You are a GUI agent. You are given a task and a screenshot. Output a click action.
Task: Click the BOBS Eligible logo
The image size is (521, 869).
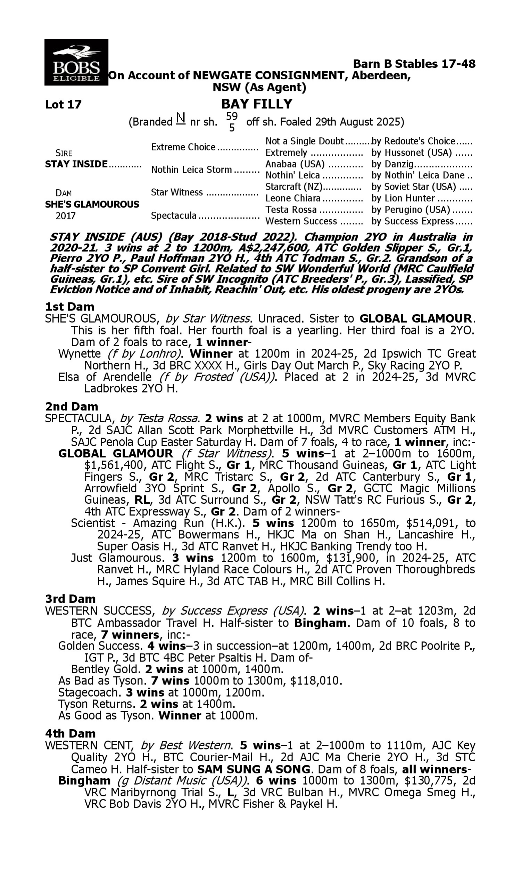point(76,63)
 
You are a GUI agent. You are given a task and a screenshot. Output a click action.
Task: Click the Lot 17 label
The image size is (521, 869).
point(63,105)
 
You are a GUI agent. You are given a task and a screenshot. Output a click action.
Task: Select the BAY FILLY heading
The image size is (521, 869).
point(257,104)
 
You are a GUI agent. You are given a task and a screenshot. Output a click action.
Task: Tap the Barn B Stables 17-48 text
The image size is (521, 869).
point(414,64)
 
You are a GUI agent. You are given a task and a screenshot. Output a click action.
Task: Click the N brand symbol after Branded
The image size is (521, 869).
point(181,119)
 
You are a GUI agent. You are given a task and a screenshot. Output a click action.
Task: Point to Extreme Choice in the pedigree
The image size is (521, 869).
point(183,147)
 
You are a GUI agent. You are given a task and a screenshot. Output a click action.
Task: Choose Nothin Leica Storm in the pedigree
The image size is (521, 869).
point(191,170)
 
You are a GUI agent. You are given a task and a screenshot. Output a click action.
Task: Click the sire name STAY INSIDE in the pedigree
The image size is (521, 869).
point(76,164)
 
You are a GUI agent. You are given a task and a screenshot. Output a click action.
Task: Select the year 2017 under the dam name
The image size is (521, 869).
point(66,216)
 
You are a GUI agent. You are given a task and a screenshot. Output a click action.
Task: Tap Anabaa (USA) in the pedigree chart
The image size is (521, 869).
point(295,164)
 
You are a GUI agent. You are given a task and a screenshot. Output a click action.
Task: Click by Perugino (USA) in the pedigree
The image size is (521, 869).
point(411,210)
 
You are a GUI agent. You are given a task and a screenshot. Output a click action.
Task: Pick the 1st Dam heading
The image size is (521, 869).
point(69,307)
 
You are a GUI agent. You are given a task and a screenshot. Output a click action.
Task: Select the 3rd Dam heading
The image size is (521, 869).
point(71,599)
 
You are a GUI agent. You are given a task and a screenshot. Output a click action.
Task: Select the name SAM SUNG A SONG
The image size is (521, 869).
point(254,770)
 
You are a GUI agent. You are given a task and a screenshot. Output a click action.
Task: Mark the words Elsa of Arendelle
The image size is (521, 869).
point(105,377)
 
